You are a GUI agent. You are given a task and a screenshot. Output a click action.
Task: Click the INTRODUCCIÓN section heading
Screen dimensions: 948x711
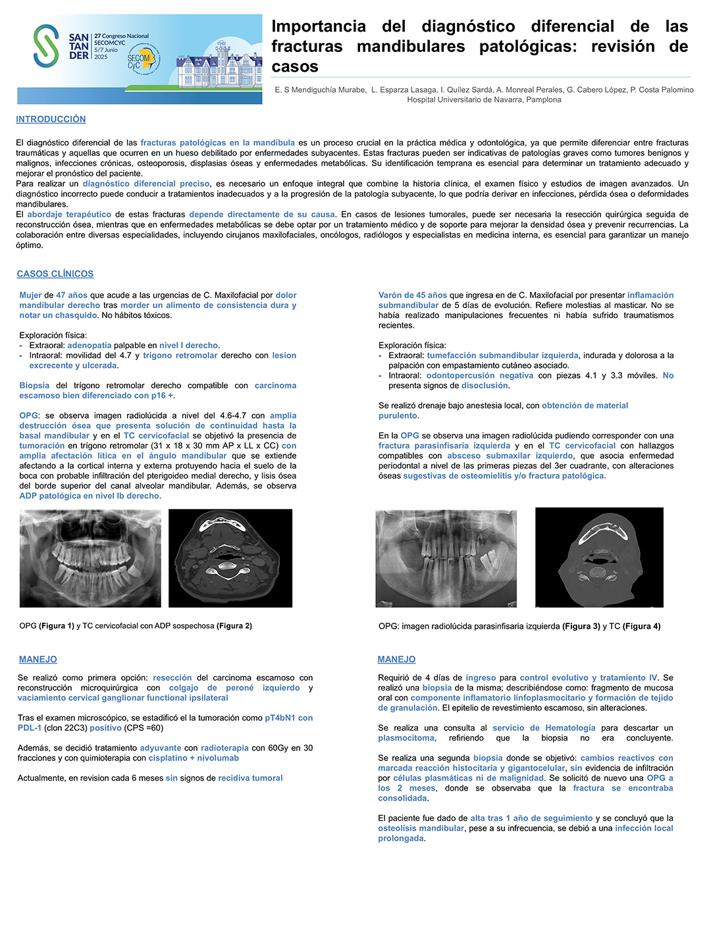click(51, 119)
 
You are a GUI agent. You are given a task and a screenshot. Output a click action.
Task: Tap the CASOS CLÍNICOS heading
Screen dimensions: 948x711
click(55, 274)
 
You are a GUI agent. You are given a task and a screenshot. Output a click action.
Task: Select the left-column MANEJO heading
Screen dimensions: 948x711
click(38, 659)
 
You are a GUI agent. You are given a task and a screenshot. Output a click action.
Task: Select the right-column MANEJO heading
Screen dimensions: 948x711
click(396, 659)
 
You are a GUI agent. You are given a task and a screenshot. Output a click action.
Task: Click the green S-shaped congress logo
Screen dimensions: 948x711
click(46, 45)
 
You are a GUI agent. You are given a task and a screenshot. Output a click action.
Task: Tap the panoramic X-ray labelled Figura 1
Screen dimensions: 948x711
click(90, 558)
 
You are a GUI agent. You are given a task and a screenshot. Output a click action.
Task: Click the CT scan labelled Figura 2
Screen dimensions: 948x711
click(230, 558)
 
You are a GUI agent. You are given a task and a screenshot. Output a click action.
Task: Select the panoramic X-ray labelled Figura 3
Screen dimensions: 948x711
click(446, 558)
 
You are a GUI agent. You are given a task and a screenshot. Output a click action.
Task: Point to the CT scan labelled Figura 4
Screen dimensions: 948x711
click(599, 557)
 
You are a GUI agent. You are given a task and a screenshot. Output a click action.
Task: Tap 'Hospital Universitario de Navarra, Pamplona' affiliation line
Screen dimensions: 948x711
click(484, 100)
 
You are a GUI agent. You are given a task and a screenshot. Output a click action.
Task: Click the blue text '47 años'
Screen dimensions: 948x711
click(72, 295)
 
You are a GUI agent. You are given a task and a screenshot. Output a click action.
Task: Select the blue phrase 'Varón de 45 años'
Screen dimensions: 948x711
click(413, 295)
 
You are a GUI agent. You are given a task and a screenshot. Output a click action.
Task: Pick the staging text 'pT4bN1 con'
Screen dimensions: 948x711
click(288, 718)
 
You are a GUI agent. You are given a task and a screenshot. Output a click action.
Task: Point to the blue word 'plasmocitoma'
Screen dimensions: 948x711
click(406, 738)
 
